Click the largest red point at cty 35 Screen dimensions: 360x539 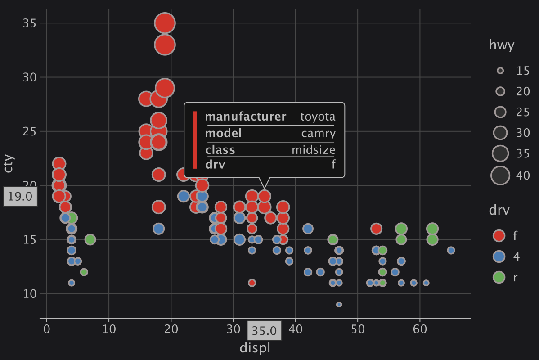click(165, 23)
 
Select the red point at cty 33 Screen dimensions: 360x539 click(165, 45)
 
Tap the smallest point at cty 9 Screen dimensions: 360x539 click(339, 305)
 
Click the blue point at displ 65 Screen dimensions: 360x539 click(451, 250)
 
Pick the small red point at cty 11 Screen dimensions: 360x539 click(252, 283)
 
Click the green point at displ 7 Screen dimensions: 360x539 click(90, 239)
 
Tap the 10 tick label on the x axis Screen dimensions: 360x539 click(109, 329)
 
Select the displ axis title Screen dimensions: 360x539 click(255, 348)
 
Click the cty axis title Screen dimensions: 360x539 click(9, 164)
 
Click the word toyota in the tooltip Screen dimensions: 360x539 click(318, 117)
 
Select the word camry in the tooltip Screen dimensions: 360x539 click(319, 133)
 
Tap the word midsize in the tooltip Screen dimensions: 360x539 click(313, 150)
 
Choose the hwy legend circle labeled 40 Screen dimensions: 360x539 click(500, 175)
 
